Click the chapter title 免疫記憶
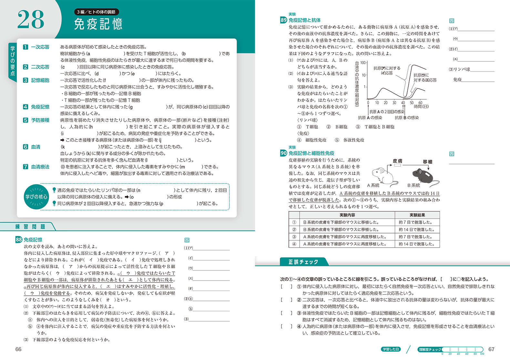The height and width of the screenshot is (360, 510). point(98,24)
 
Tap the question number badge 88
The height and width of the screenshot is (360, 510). point(19,240)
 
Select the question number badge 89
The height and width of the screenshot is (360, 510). point(283,20)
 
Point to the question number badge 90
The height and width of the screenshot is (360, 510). point(283,153)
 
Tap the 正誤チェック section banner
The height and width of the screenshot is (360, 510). point(303,262)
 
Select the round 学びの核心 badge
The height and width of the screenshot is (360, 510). point(36,197)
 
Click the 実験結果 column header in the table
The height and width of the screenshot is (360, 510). point(417,215)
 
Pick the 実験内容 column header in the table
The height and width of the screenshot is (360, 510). point(347,215)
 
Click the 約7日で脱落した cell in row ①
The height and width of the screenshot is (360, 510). point(417,222)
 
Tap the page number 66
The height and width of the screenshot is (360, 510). point(18,349)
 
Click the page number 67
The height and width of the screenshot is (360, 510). point(491,349)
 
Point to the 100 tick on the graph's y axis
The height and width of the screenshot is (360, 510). point(363,63)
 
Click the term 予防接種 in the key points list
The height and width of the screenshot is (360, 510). point(40,120)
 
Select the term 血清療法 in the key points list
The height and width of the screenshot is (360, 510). point(40,167)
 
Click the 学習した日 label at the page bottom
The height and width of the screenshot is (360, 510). point(391,349)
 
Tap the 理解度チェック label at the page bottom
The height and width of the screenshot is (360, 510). point(430,349)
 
